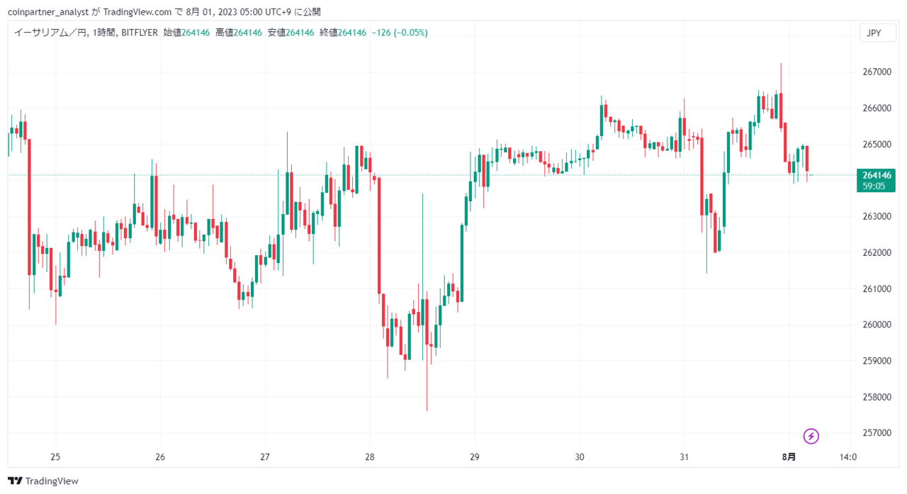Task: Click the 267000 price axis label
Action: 877,72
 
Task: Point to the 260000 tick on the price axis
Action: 877,325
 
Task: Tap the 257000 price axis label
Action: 877,433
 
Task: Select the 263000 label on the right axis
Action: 877,216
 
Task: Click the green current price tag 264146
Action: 876,180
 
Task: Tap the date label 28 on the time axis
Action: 370,457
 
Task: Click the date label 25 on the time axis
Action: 55,457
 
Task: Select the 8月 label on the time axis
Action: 789,457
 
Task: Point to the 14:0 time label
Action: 848,457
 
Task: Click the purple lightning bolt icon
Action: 811,436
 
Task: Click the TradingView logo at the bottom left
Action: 43,481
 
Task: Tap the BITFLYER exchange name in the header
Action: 140,33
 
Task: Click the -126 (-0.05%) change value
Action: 400,33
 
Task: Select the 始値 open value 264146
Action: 196,33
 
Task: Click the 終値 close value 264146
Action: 352,33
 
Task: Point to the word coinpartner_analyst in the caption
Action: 48,12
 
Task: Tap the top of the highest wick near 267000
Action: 781,64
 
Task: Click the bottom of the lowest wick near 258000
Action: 427,410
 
